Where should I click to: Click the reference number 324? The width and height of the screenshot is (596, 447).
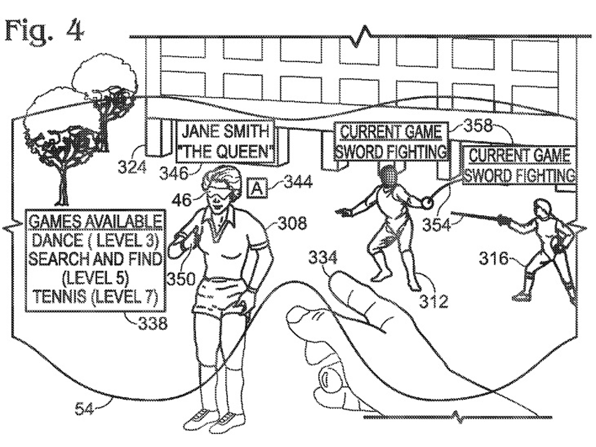coord(132,167)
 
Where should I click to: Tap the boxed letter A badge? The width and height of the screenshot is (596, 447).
coord(257,188)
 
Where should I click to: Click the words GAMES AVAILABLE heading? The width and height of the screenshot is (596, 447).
coord(95,222)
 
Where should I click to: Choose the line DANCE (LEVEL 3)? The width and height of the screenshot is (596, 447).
coord(95,241)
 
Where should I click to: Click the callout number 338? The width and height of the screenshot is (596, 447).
coord(152,323)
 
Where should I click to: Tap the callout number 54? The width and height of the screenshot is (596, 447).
coord(84,416)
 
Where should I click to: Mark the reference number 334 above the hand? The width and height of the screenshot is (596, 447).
coord(322,257)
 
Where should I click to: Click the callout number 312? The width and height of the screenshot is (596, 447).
coord(434,301)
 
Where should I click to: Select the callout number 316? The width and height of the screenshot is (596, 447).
coord(493,258)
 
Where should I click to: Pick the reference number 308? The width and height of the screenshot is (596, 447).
coord(292,223)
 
